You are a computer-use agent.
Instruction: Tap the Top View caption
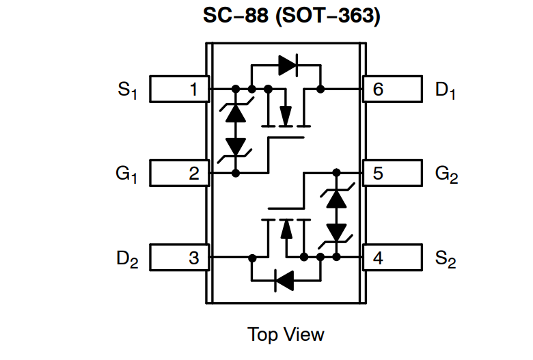(286, 335)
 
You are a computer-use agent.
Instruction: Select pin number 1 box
(178, 89)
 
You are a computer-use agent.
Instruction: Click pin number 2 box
(178, 174)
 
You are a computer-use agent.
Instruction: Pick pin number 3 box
(178, 258)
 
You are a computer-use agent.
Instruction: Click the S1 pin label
(127, 90)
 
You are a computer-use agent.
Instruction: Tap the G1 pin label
(126, 175)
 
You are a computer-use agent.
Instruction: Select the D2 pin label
(127, 260)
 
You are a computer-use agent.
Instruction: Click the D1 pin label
(446, 90)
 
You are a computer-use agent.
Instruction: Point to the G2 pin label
(446, 175)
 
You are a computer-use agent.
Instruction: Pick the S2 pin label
(446, 260)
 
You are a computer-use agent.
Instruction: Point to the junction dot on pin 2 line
(236, 174)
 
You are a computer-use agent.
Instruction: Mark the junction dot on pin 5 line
(336, 174)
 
